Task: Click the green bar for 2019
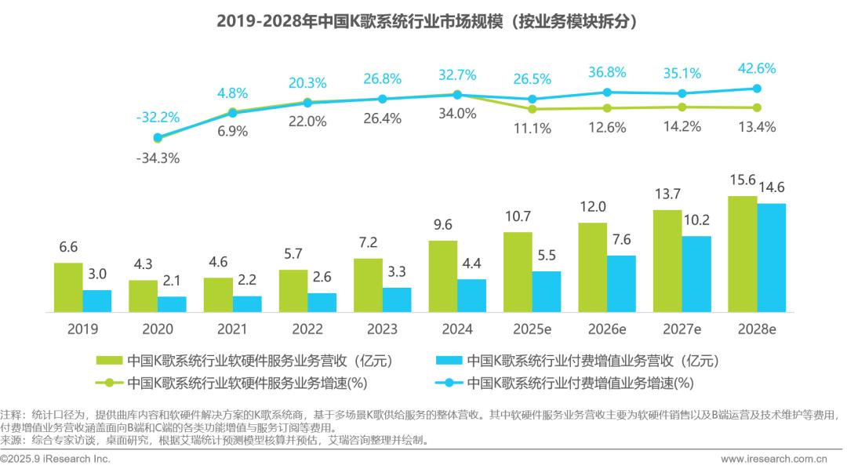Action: (68, 288)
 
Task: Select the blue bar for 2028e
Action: (771, 258)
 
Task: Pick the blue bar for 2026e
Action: (621, 284)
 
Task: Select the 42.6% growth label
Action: (757, 69)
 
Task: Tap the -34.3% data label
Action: (158, 158)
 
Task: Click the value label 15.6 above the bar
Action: (743, 180)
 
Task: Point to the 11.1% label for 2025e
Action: (533, 129)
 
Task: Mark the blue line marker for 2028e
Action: (757, 89)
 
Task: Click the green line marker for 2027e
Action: (682, 107)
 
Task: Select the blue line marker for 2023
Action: (382, 99)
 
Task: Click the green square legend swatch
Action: (108, 361)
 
